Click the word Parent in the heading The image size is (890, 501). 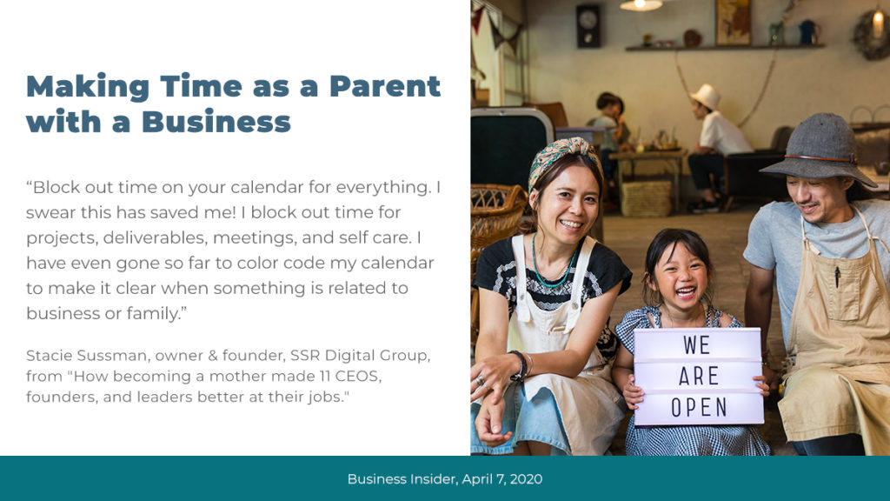pos(385,87)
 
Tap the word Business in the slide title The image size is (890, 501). pos(216,122)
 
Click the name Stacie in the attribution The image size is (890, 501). pos(49,356)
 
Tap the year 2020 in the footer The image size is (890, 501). pos(526,479)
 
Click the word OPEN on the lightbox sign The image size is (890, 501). pos(699,407)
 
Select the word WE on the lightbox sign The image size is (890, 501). pos(697,344)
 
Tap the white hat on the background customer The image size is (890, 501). pos(706,96)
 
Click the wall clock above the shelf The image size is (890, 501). pos(588,25)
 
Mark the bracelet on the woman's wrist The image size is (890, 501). pos(519,365)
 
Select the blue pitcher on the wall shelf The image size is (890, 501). pos(807,32)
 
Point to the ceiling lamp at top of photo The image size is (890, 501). pos(641,5)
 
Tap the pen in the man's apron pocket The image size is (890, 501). pos(837,277)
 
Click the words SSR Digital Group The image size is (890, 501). pos(359,356)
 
